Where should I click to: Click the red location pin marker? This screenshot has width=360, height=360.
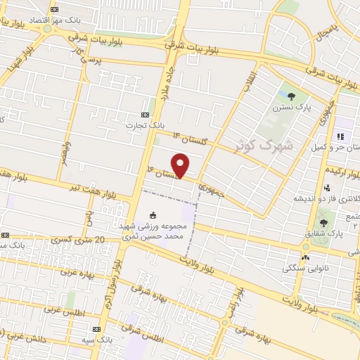tap(181, 165)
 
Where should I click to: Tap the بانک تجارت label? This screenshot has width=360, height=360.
tap(145, 126)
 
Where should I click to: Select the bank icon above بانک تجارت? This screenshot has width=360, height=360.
tap(145, 115)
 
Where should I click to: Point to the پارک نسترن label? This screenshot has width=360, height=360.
tap(292, 108)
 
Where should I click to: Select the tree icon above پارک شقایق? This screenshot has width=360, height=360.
tap(323, 223)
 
